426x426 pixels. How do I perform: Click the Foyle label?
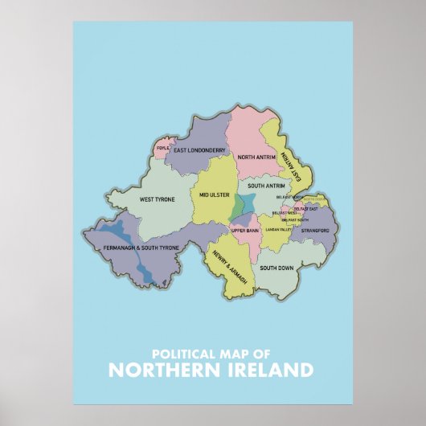163,148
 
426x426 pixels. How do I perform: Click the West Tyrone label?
158,199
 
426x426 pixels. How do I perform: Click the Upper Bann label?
244,231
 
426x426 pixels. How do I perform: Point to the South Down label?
275,268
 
